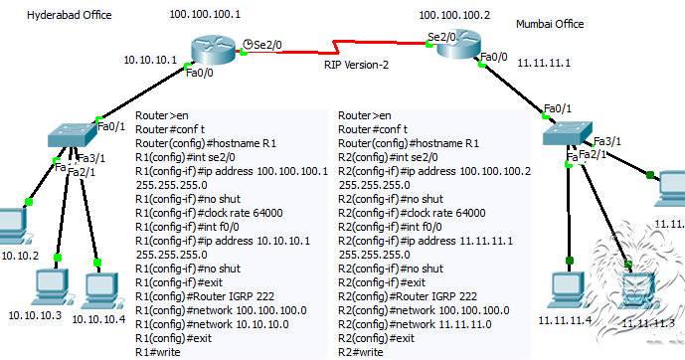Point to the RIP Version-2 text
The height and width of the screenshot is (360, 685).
click(356, 64)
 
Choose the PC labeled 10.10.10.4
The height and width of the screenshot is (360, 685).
click(97, 288)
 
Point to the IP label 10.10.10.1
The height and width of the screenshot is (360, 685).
click(150, 60)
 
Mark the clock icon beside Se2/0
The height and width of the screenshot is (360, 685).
click(248, 43)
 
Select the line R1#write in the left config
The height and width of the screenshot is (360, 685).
click(160, 352)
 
